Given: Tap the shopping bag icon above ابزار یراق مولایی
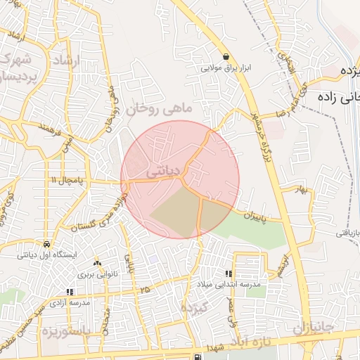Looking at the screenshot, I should tap(225, 57).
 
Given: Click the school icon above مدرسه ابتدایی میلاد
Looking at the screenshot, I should tap(228, 274).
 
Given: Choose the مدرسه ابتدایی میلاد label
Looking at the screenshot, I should tap(231, 284).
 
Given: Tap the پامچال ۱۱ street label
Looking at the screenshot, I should tap(64, 181).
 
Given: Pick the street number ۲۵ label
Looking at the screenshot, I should tap(145, 289).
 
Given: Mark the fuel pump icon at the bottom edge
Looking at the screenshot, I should tap(195, 356).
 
